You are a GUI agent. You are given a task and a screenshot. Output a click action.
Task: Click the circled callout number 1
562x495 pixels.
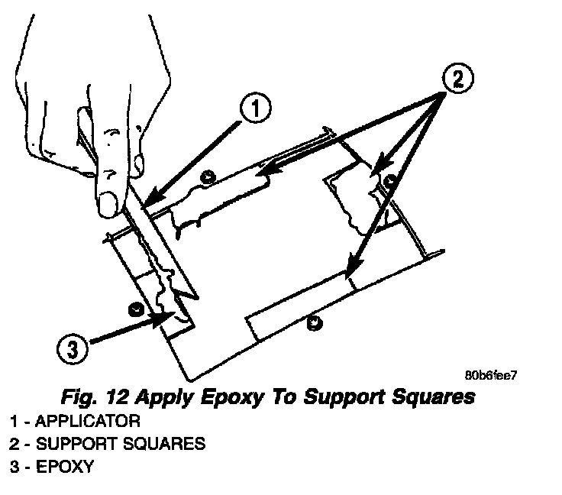256,110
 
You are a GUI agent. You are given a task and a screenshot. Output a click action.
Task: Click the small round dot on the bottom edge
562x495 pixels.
312,324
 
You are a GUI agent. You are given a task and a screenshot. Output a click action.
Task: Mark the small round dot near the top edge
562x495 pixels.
205,179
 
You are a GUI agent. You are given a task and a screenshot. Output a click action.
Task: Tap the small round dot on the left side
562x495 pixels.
135,308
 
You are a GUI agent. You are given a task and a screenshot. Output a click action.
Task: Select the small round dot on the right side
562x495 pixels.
390,181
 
